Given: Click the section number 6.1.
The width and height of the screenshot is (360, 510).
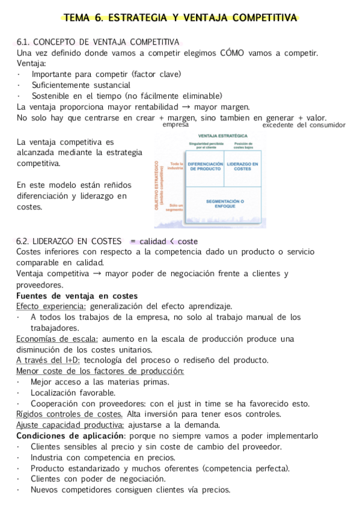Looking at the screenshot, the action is (x=23, y=42).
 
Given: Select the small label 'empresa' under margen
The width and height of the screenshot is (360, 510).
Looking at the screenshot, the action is (x=175, y=125).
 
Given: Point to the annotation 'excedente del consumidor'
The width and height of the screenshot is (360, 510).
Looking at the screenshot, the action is (x=304, y=125).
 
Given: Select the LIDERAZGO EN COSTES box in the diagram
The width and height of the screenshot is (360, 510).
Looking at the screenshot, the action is (x=243, y=167).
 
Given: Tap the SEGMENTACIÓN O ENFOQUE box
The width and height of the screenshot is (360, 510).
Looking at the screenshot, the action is (x=225, y=203).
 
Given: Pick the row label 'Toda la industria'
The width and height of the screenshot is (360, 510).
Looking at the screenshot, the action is (x=175, y=167).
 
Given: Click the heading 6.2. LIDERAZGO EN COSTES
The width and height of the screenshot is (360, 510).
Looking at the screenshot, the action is (x=69, y=241).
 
